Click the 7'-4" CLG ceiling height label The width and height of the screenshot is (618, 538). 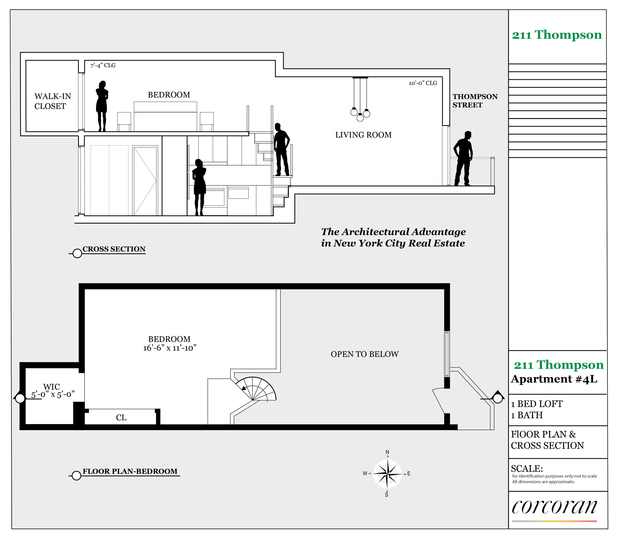pos(103,65)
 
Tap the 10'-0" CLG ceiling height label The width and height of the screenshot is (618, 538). pos(423,83)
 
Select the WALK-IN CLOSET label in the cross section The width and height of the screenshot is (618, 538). pos(53,101)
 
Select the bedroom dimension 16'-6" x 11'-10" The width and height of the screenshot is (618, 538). pos(170,348)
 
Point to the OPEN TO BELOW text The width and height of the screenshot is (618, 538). pos(365,354)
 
